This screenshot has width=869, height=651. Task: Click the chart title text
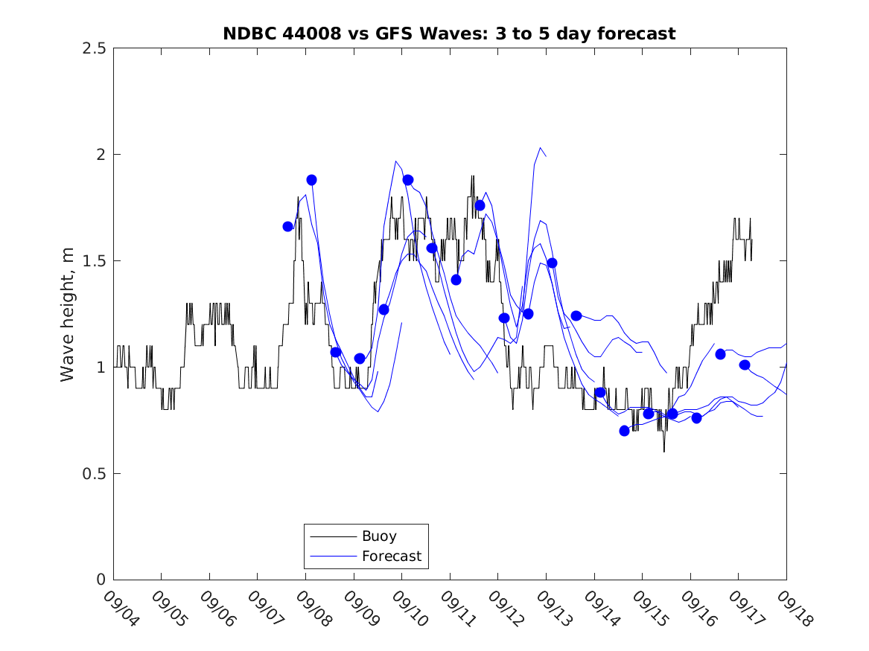pos(449,33)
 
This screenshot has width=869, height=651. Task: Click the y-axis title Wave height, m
pos(68,314)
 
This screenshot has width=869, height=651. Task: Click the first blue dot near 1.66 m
pos(288,226)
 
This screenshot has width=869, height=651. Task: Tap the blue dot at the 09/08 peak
pos(311,180)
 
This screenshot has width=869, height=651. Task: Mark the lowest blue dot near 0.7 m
pos(624,431)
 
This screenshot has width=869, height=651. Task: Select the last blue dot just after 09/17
pos(745,365)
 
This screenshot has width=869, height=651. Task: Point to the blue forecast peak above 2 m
pos(540,148)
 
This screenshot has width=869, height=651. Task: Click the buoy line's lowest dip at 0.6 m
pos(664,451)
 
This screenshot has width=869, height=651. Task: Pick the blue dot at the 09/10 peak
pos(408,180)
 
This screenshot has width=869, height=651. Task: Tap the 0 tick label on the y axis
pos(100,580)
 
